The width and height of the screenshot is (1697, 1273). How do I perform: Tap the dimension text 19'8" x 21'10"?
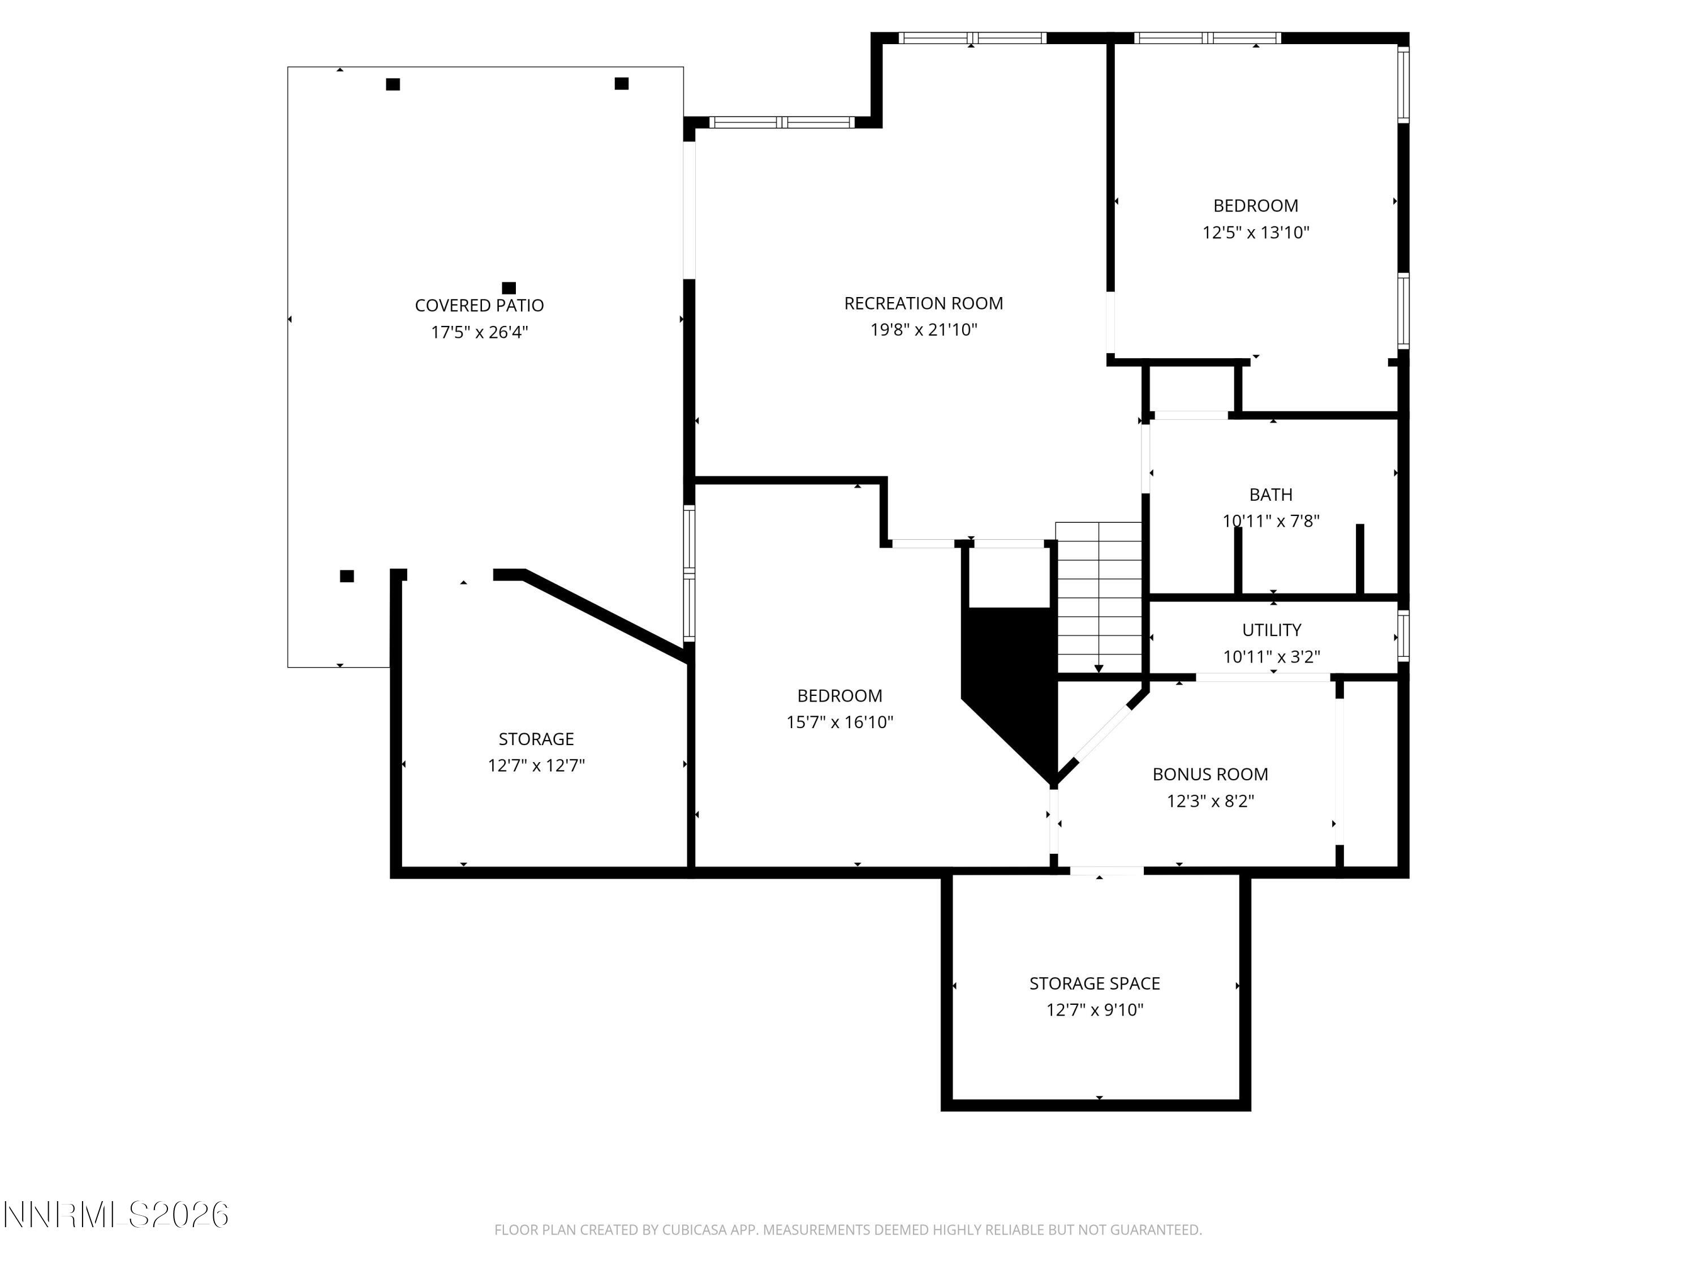point(923,330)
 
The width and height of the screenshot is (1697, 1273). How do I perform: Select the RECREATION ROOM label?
point(923,303)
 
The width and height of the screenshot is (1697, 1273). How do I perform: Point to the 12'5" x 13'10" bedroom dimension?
point(1255,233)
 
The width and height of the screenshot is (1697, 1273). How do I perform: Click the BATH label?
point(1270,495)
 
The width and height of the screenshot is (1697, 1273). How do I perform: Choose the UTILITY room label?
point(1271,630)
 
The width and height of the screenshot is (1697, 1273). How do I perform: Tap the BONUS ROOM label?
point(1210,774)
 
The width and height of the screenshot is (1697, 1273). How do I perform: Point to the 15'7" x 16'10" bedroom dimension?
point(839,722)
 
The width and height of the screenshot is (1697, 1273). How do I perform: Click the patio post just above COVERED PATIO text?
point(509,288)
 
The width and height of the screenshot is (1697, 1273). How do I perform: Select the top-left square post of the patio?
point(393,84)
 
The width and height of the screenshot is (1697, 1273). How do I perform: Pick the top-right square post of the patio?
point(622,84)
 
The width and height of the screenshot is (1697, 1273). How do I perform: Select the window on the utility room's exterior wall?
point(1402,635)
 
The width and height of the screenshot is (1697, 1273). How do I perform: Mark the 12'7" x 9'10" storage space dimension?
point(1094,1010)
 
